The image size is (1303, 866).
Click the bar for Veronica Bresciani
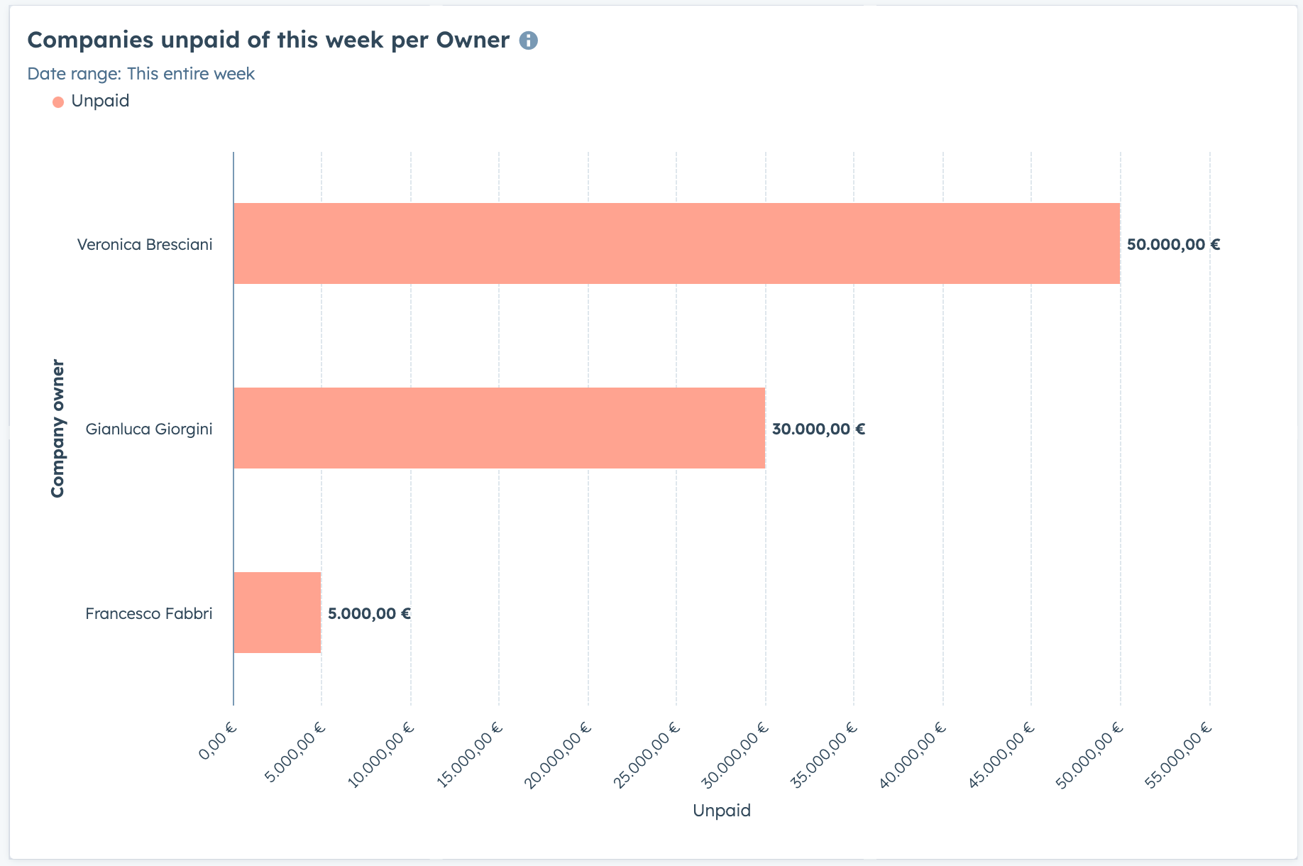tap(676, 243)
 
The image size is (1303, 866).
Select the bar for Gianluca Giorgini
tap(499, 428)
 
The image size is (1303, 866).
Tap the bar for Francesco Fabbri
tap(277, 613)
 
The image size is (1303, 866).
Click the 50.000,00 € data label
tap(1173, 245)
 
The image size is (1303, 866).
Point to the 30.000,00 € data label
tap(818, 429)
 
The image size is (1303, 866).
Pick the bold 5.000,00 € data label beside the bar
tap(369, 614)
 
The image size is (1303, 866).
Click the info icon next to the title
tap(528, 40)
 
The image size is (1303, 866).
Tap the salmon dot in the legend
tap(58, 102)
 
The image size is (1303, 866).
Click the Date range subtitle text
tap(141, 74)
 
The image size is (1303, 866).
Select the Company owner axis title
tap(57, 429)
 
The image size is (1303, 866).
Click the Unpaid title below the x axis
tap(721, 811)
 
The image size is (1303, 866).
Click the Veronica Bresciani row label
tap(145, 245)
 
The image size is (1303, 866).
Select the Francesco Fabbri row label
tap(148, 614)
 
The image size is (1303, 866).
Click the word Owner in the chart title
tap(473, 40)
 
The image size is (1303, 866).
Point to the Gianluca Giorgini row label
tap(148, 429)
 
